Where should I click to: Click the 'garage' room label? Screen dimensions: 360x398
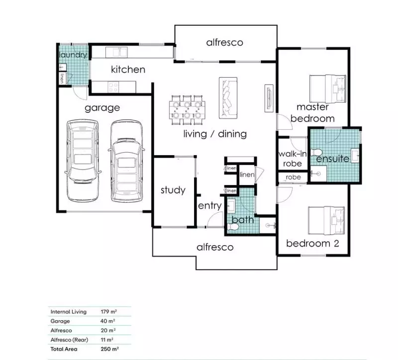pyautogui.click(x=102, y=107)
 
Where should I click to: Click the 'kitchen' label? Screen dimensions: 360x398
pyautogui.click(x=128, y=69)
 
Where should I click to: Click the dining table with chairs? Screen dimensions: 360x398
pyautogui.click(x=188, y=108)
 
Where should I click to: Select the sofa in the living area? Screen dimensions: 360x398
pyautogui.click(x=228, y=98)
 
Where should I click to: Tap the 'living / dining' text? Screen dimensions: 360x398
pyautogui.click(x=214, y=134)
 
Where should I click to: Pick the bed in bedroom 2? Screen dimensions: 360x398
pyautogui.click(x=327, y=220)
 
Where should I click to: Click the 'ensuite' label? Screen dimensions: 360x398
pyautogui.click(x=333, y=159)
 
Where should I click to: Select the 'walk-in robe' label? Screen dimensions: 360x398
pyautogui.click(x=291, y=159)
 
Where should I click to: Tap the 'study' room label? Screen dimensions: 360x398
pyautogui.click(x=173, y=190)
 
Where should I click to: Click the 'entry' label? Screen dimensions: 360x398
pyautogui.click(x=209, y=206)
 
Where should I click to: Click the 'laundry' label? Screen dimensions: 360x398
pyautogui.click(x=73, y=55)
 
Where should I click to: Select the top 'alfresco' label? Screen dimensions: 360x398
pyautogui.click(x=225, y=42)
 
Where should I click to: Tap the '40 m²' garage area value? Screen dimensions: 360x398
pyautogui.click(x=107, y=321)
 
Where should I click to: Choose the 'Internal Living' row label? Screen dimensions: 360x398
pyautogui.click(x=69, y=312)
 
